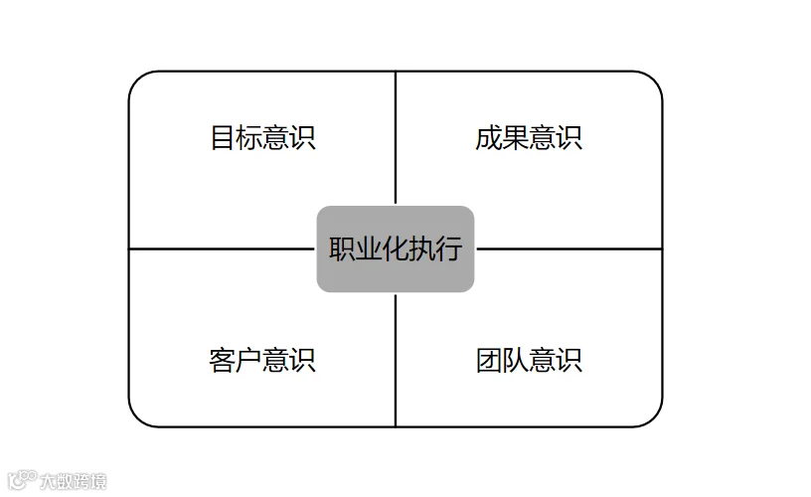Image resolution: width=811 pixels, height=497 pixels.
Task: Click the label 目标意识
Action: pyautogui.click(x=262, y=137)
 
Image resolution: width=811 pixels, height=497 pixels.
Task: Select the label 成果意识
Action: pyautogui.click(x=529, y=137)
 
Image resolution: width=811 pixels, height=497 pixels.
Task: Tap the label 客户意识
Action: pyautogui.click(x=262, y=359)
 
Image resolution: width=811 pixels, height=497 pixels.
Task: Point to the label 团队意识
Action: pyautogui.click(x=529, y=359)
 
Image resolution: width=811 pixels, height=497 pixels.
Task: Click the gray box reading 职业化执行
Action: pyautogui.click(x=396, y=248)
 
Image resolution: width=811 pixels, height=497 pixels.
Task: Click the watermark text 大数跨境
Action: pyautogui.click(x=72, y=482)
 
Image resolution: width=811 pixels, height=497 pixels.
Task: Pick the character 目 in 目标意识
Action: pyautogui.click(x=223, y=137)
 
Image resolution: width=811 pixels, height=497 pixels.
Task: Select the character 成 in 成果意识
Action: pyautogui.click(x=489, y=137)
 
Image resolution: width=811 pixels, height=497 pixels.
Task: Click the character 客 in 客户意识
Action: pyautogui.click(x=223, y=359)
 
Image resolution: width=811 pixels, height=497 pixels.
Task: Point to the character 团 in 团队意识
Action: pyautogui.click(x=489, y=359)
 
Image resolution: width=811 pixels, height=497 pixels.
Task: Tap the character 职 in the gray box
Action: pyautogui.click(x=342, y=248)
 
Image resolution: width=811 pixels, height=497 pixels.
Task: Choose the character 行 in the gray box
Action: pyautogui.click(x=449, y=248)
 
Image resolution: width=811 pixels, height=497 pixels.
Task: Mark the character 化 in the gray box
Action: pyautogui.click(x=396, y=248)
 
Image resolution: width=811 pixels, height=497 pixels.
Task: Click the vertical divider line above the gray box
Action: pyautogui.click(x=396, y=139)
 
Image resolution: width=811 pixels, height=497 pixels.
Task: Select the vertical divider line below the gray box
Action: pyautogui.click(x=396, y=358)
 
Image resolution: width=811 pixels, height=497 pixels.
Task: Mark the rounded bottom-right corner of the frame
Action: pyautogui.click(x=653, y=417)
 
